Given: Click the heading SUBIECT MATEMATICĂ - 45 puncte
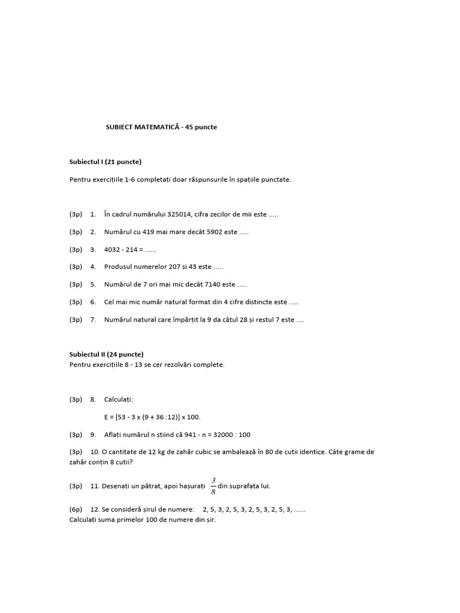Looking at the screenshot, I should coord(161,128).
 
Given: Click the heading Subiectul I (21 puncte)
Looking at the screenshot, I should coord(105,162).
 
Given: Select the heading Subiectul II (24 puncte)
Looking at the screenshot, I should coord(107,354).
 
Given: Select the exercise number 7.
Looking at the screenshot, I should coord(93,320).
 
